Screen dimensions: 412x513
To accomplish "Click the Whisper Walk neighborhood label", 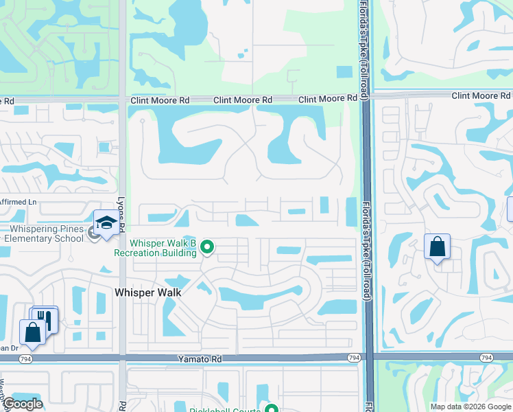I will click(x=148, y=293).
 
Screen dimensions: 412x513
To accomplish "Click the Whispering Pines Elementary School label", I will click(x=42, y=233).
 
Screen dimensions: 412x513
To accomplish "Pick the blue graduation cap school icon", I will click(x=106, y=224).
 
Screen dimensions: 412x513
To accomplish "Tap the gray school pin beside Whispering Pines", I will click(x=94, y=233).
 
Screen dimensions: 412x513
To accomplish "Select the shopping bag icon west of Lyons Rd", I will click(x=32, y=332).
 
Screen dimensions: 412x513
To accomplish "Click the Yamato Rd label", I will click(x=198, y=358).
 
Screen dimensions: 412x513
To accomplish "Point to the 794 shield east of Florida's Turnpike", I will click(x=486, y=358).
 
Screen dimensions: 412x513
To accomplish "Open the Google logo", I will click(x=22, y=404).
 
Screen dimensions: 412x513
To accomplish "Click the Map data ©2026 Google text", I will click(x=470, y=407).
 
